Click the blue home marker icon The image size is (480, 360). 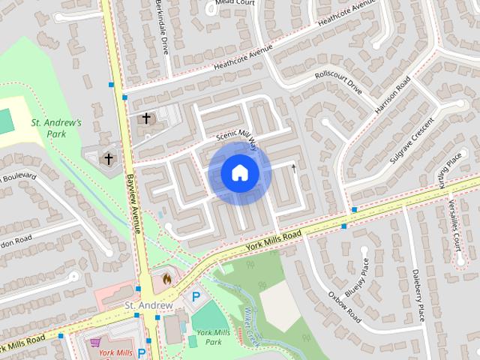pyautogui.click(x=239, y=173)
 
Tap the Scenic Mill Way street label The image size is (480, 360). pyautogui.click(x=236, y=138)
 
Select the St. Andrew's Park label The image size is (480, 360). pyautogui.click(x=55, y=127)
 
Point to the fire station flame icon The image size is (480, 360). pyautogui.click(x=166, y=280)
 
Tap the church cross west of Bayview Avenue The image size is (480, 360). pyautogui.click(x=109, y=158)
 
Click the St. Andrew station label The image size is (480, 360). pyautogui.click(x=148, y=306)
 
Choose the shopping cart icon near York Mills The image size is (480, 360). pyautogui.click(x=95, y=342)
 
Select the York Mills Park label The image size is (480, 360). pyautogui.click(x=208, y=337)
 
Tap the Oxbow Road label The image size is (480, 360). pyautogui.click(x=345, y=307)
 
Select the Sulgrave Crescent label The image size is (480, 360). pyautogui.click(x=412, y=141)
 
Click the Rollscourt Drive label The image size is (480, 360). pyautogui.click(x=338, y=84)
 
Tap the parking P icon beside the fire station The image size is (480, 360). pyautogui.click(x=196, y=297)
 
